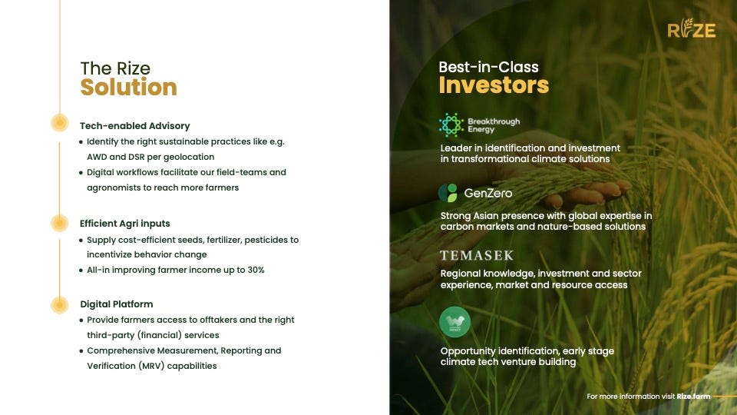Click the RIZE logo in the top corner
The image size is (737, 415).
(692, 28)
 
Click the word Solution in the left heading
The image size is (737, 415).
(128, 87)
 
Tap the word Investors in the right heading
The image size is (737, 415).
(494, 85)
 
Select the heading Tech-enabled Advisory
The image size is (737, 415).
(135, 126)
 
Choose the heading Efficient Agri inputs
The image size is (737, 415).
(125, 224)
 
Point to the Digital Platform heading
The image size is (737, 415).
(117, 304)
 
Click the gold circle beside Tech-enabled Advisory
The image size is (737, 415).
(60, 123)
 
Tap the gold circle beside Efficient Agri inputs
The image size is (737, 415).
(60, 223)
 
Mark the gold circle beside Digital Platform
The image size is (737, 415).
(60, 305)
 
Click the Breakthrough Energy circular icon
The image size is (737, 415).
(451, 125)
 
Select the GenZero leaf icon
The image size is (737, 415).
(448, 193)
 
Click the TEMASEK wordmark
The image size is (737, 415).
(477, 255)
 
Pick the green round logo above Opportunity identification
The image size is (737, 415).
(454, 322)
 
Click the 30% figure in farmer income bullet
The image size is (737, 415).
(256, 270)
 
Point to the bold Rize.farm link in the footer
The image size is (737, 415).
(693, 397)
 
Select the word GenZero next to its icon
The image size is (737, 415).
(488, 193)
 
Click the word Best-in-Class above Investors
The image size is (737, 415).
(488, 68)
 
